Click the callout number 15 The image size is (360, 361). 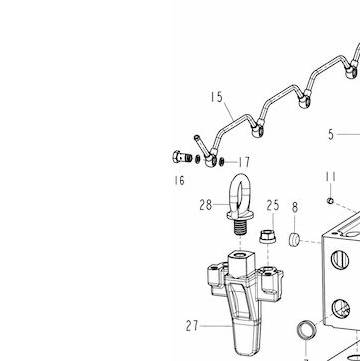coord(217,97)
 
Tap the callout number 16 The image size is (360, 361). coord(180,180)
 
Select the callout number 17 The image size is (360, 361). coord(244,162)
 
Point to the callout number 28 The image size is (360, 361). coord(206,205)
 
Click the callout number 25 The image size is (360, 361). coord(273,206)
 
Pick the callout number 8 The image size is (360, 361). coord(295,207)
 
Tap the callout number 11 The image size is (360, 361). coord(331,177)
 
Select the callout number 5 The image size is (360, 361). coord(331,134)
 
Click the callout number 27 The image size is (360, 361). coord(192,326)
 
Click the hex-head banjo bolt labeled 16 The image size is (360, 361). coord(182,157)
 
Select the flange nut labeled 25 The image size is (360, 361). coord(267,237)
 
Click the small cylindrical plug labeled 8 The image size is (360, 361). coord(294,240)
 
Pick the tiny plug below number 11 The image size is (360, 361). coord(330,200)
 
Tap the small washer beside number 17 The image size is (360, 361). coord(221,162)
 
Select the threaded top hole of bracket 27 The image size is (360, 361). coord(241,257)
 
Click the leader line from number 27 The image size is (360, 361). coord(216,326)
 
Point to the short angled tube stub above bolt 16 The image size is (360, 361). coord(201,144)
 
